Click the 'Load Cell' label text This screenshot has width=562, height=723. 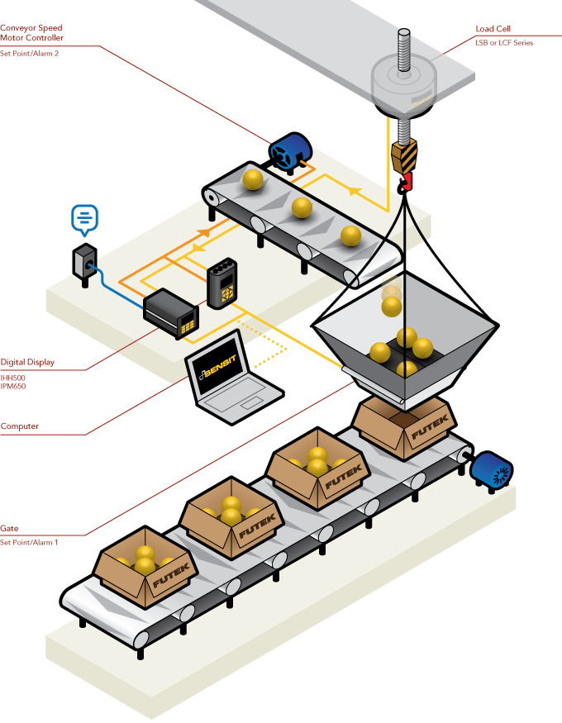pyautogui.click(x=493, y=28)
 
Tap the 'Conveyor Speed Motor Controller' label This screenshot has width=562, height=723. pyautogui.click(x=31, y=33)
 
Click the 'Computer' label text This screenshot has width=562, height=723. pyautogui.click(x=19, y=426)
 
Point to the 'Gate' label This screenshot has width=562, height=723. pyautogui.click(x=9, y=528)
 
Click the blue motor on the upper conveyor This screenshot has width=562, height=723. pyautogui.click(x=288, y=153)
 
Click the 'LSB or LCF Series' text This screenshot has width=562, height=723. pyautogui.click(x=504, y=42)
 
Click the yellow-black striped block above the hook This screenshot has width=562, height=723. pyautogui.click(x=404, y=155)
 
